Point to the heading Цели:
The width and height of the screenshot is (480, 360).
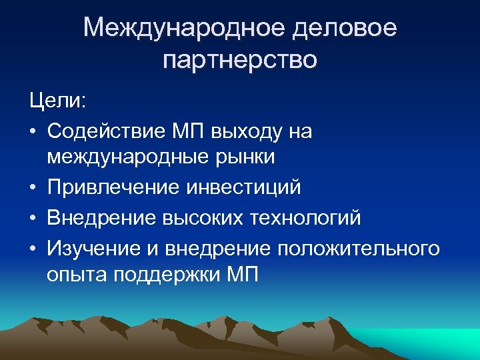click(57, 102)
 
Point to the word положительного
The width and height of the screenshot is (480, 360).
click(359, 247)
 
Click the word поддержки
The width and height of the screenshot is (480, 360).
click(163, 273)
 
